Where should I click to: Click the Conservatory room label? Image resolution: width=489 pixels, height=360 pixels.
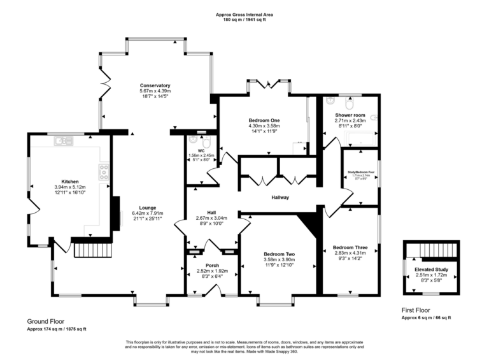(x=155, y=85)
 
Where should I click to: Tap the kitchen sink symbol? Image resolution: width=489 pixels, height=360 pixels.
(x=64, y=140)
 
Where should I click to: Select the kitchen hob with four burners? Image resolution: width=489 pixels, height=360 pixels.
(x=103, y=170)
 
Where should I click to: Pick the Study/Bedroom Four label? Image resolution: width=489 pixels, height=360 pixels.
(x=360, y=171)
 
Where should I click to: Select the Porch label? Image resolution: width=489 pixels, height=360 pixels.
(x=212, y=265)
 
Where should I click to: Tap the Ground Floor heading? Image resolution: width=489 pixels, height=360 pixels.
(x=45, y=322)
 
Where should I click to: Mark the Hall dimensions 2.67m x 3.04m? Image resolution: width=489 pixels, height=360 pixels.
(x=211, y=218)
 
